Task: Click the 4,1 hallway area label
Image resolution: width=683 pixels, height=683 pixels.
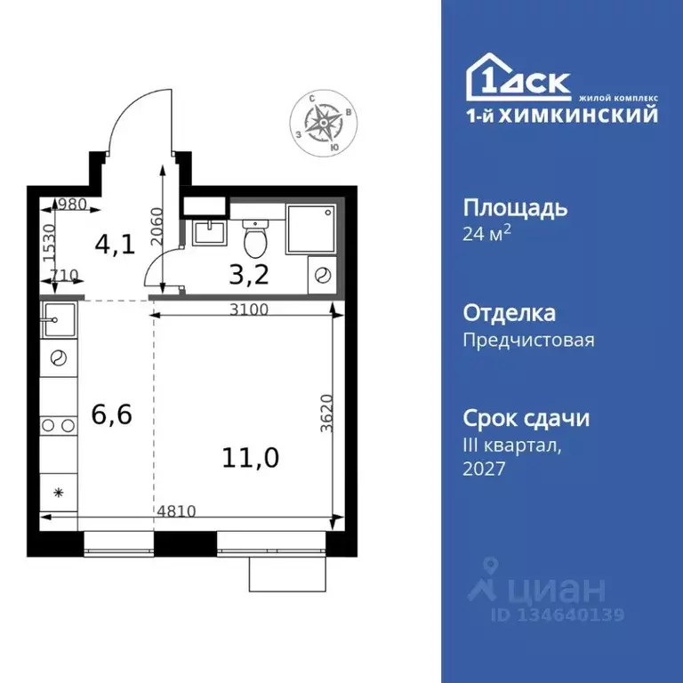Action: point(116,245)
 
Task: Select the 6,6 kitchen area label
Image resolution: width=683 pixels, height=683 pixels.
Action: point(112,414)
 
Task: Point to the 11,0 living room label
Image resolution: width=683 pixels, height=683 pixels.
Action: point(251,458)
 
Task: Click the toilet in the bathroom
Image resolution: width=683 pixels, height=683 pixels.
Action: point(255,236)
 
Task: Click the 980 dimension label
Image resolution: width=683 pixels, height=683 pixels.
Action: point(71,204)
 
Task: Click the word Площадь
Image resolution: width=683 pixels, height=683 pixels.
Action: point(515,209)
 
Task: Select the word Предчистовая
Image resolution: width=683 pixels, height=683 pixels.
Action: point(528,340)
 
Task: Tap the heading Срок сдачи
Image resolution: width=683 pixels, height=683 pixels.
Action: point(526,418)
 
